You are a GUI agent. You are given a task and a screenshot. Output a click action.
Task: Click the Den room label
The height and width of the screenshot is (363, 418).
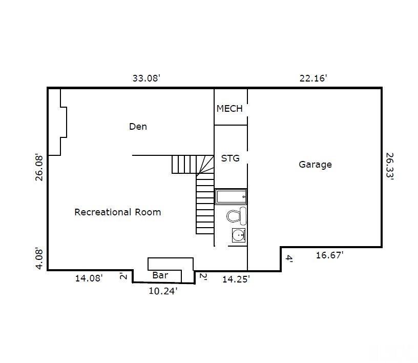click(138, 126)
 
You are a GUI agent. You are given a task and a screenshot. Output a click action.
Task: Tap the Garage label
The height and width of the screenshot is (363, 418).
click(315, 164)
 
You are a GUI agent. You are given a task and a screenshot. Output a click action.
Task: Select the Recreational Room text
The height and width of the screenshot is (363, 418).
click(118, 212)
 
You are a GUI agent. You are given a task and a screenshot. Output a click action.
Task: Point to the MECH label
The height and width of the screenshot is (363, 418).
click(229, 108)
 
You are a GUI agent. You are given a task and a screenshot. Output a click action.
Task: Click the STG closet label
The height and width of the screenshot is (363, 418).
click(230, 158)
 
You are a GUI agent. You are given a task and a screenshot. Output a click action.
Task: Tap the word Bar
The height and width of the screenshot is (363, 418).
click(160, 275)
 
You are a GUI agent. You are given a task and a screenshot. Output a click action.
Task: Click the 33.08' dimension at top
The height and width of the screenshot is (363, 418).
click(147, 78)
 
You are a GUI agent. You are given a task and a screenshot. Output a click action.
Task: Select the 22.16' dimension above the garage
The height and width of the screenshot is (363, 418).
click(313, 78)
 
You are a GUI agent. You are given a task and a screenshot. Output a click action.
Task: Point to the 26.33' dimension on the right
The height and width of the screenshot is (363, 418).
click(390, 166)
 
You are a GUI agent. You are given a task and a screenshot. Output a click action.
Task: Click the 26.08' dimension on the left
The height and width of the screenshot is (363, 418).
click(39, 168)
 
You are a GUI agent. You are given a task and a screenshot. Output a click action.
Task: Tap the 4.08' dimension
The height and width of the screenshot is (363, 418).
click(39, 259)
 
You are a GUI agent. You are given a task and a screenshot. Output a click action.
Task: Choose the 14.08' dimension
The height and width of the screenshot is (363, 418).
click(89, 278)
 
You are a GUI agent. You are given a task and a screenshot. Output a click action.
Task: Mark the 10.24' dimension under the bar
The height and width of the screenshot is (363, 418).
click(163, 291)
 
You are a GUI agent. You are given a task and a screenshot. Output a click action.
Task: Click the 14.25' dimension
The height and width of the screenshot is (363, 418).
click(236, 279)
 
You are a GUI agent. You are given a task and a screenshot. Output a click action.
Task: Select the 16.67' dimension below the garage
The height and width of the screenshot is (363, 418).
click(329, 255)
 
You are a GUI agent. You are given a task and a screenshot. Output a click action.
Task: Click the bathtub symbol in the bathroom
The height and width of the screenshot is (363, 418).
click(231, 196)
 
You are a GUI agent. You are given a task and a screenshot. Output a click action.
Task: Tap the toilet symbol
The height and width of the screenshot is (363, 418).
click(237, 216)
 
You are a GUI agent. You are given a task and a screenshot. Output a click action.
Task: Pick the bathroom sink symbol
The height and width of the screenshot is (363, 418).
click(238, 235)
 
